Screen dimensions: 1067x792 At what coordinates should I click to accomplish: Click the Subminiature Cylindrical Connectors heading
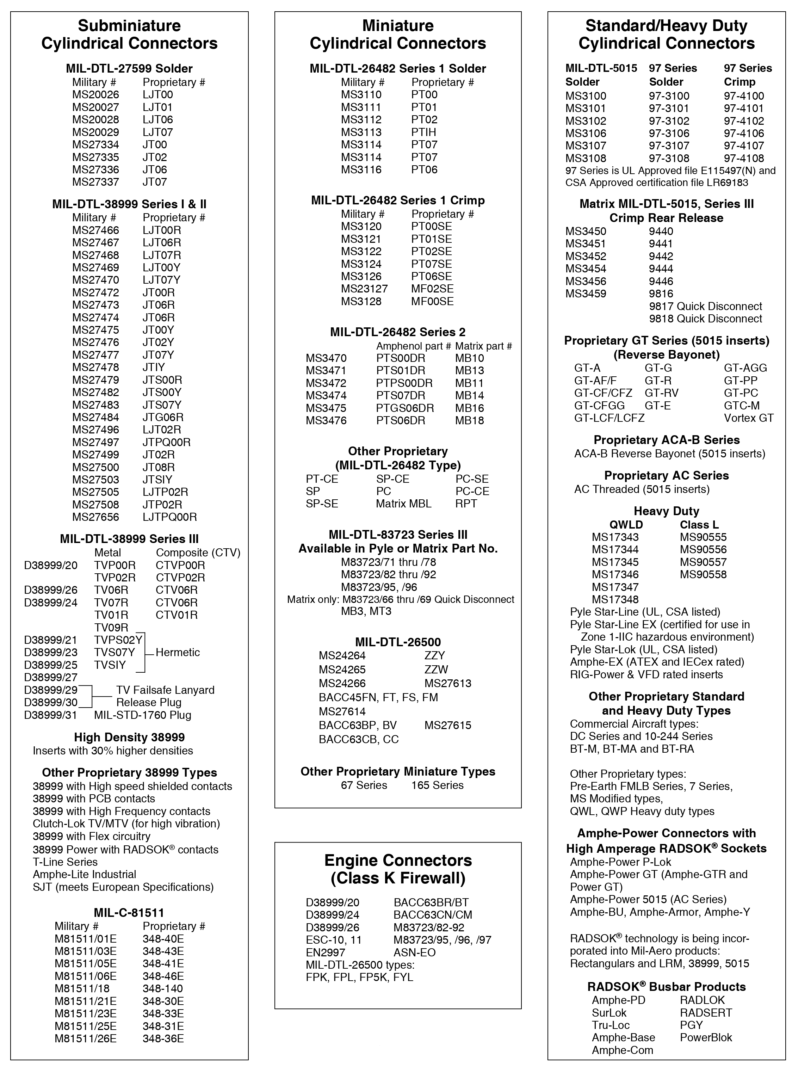click(129, 35)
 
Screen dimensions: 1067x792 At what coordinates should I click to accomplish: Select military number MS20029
click(95, 132)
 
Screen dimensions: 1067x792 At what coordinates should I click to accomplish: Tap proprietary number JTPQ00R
click(166, 442)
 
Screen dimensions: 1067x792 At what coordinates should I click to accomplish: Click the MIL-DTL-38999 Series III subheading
click(129, 539)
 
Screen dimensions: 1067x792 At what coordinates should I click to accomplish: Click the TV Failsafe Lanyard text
click(165, 690)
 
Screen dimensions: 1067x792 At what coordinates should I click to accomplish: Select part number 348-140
click(162, 988)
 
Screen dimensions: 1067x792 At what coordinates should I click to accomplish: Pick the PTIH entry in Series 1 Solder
click(424, 132)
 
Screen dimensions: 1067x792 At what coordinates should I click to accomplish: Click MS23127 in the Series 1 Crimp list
click(364, 289)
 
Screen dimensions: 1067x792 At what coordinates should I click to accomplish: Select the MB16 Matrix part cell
click(469, 408)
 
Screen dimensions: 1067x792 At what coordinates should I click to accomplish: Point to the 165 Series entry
click(437, 785)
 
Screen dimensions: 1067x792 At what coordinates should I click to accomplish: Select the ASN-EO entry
click(414, 952)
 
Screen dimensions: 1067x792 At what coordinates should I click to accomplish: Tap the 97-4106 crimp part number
click(744, 133)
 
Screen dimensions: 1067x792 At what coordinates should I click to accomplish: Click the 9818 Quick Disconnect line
click(705, 319)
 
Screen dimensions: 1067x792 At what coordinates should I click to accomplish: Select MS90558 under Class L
click(703, 574)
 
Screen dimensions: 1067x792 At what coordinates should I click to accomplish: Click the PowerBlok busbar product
click(706, 1038)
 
